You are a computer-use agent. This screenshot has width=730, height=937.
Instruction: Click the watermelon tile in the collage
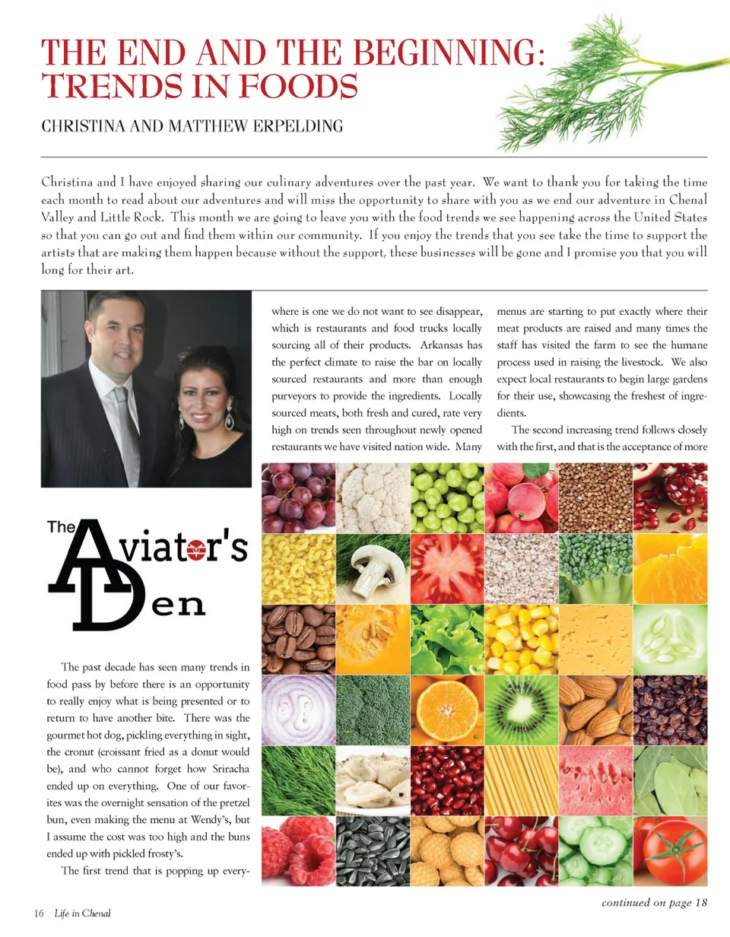pos(595,780)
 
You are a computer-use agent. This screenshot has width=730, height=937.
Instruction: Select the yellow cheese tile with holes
pos(595,640)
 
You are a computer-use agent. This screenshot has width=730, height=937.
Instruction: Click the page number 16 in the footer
pos(38,913)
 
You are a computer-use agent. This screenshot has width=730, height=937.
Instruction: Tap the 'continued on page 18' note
pos(655,903)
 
